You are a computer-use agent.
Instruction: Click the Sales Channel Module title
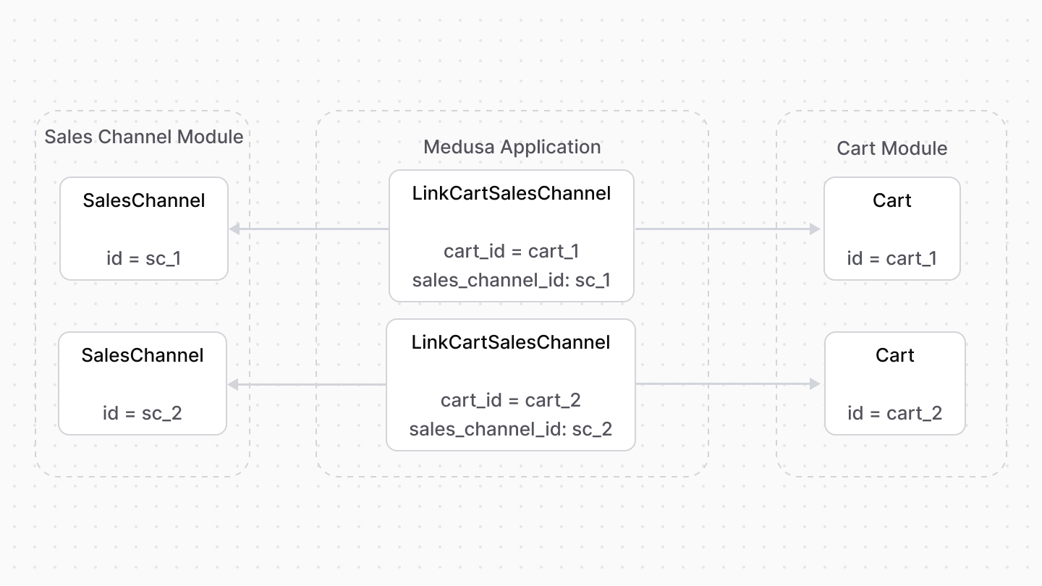point(144,137)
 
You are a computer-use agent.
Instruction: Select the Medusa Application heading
point(512,147)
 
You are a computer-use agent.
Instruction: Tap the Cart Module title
point(891,148)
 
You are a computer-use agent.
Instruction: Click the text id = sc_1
point(143,258)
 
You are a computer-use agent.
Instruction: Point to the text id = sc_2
point(142,413)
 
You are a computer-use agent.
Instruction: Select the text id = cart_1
point(891,258)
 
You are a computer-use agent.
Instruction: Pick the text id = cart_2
point(894,413)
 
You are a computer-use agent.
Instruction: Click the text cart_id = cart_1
point(511,251)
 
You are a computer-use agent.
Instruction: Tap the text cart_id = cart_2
point(510,400)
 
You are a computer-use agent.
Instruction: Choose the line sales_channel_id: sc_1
point(511,280)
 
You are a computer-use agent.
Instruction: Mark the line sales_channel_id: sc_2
point(510,429)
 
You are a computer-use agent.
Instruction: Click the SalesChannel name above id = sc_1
point(143,200)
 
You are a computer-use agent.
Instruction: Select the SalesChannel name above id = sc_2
point(142,355)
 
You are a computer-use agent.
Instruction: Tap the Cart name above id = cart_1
point(891,200)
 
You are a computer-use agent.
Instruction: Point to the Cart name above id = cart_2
point(894,355)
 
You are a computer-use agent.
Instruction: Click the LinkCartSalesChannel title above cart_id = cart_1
point(511,193)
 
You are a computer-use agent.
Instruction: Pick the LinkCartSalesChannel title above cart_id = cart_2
point(510,342)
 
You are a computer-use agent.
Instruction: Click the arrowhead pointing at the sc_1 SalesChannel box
point(234,229)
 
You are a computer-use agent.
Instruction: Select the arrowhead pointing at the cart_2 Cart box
point(815,384)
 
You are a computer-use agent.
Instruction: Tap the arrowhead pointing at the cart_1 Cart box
point(815,229)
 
